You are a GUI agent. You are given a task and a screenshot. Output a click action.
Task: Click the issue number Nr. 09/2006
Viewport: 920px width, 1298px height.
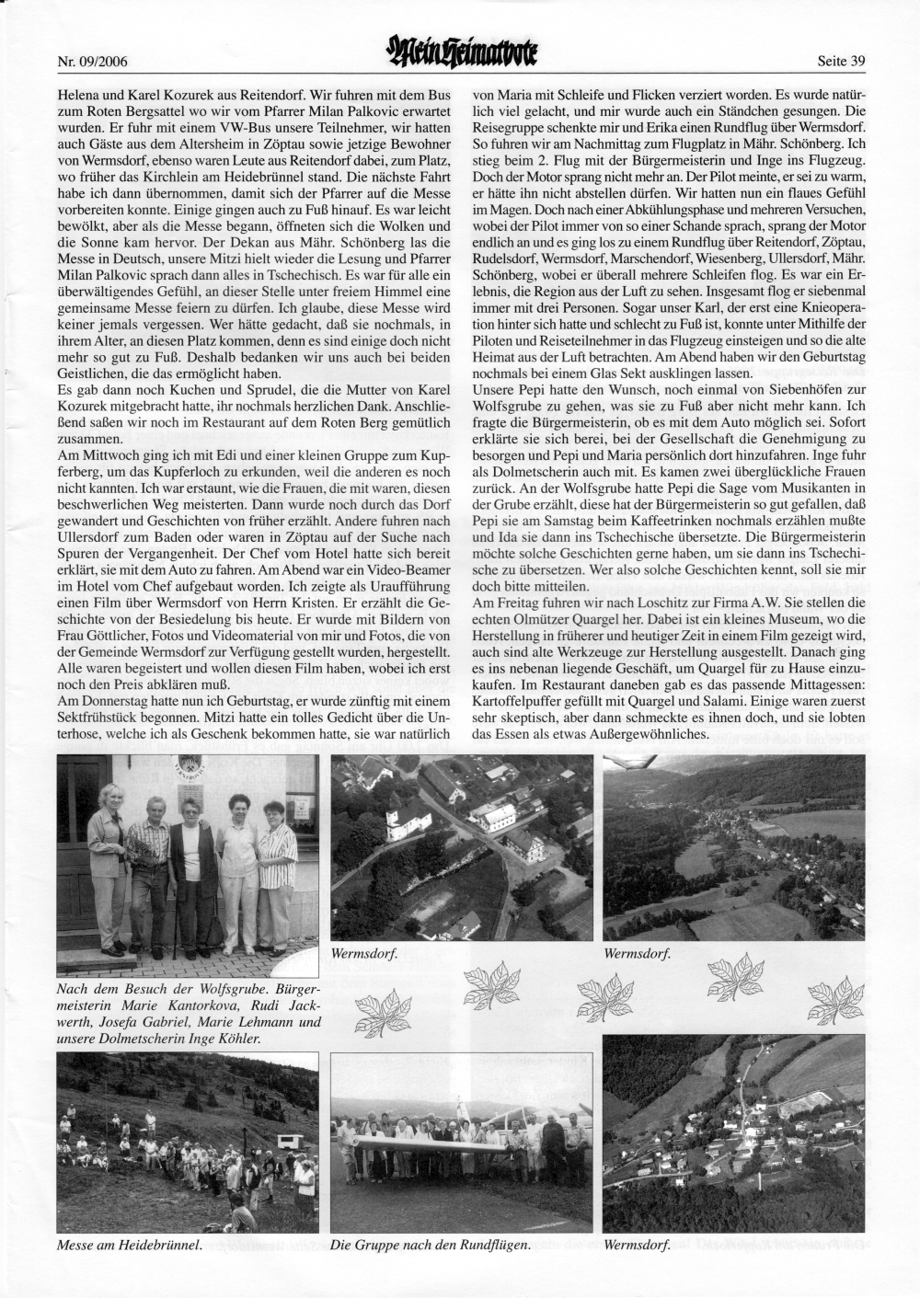point(91,63)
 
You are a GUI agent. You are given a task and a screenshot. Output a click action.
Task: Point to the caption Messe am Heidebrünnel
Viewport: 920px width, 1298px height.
point(129,1246)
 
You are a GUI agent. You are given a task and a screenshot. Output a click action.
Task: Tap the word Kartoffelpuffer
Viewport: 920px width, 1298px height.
point(519,702)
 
